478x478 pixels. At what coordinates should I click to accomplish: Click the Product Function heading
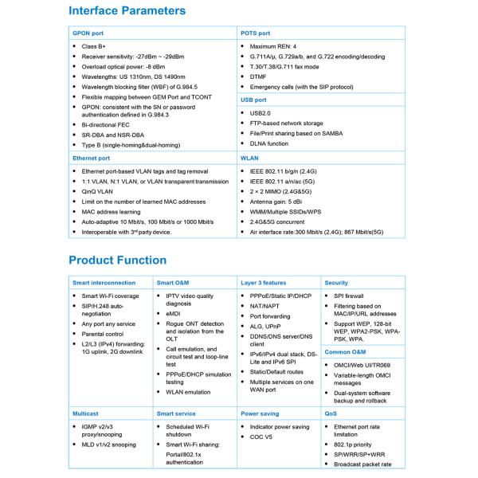[x=117, y=260]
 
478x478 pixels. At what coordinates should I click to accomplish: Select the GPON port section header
[x=88, y=33]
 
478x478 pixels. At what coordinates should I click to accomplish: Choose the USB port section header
[x=254, y=100]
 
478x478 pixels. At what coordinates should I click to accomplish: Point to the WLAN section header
[x=250, y=159]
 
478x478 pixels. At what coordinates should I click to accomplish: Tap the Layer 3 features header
[x=264, y=283]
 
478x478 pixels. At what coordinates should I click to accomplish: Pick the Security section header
[x=336, y=283]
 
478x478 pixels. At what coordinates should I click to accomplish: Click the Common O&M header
[x=345, y=352]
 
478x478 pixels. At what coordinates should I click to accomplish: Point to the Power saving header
[x=261, y=414]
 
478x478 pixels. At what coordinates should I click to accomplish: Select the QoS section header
[x=331, y=414]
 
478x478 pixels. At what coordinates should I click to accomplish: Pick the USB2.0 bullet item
[x=261, y=113]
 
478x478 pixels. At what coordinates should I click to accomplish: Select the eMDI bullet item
[x=174, y=314]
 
